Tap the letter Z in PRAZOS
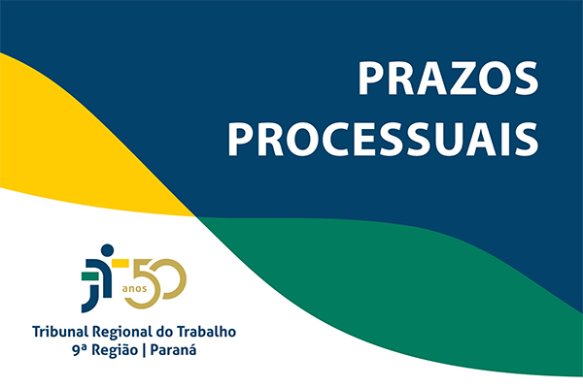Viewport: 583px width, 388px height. click(x=461, y=79)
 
